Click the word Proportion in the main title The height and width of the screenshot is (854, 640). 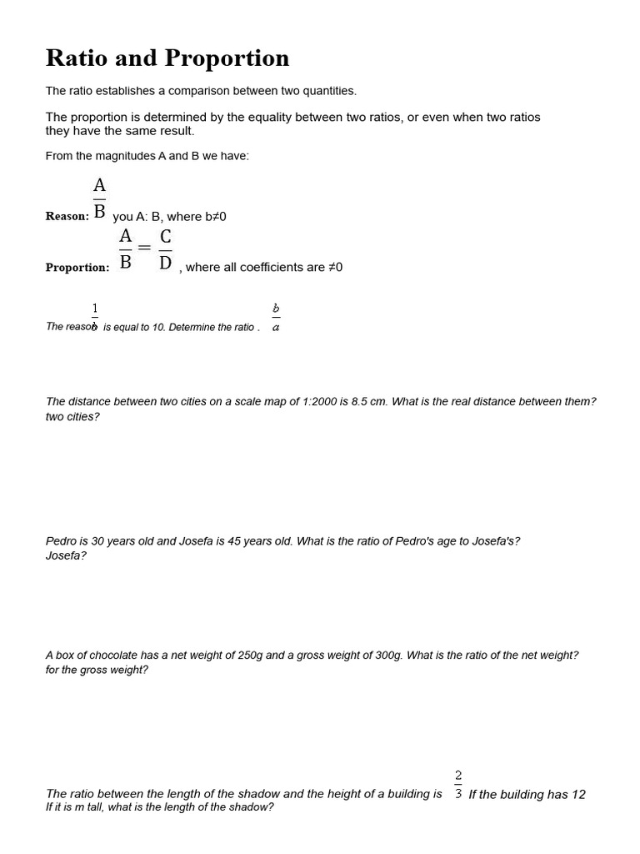click(x=227, y=58)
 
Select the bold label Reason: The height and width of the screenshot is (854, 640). click(x=67, y=216)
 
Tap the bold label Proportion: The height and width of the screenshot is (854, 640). click(x=77, y=268)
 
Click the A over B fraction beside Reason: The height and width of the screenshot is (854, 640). click(x=99, y=198)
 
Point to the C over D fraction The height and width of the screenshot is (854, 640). click(x=165, y=249)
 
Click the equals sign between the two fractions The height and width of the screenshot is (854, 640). click(x=144, y=248)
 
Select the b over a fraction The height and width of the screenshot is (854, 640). click(x=276, y=317)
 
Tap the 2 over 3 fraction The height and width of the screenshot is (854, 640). click(x=458, y=785)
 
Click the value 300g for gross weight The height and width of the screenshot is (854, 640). click(x=388, y=656)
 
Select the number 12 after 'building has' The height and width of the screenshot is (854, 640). click(x=577, y=794)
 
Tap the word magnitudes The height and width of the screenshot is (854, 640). click(x=127, y=156)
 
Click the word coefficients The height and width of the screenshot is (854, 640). click(x=265, y=268)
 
